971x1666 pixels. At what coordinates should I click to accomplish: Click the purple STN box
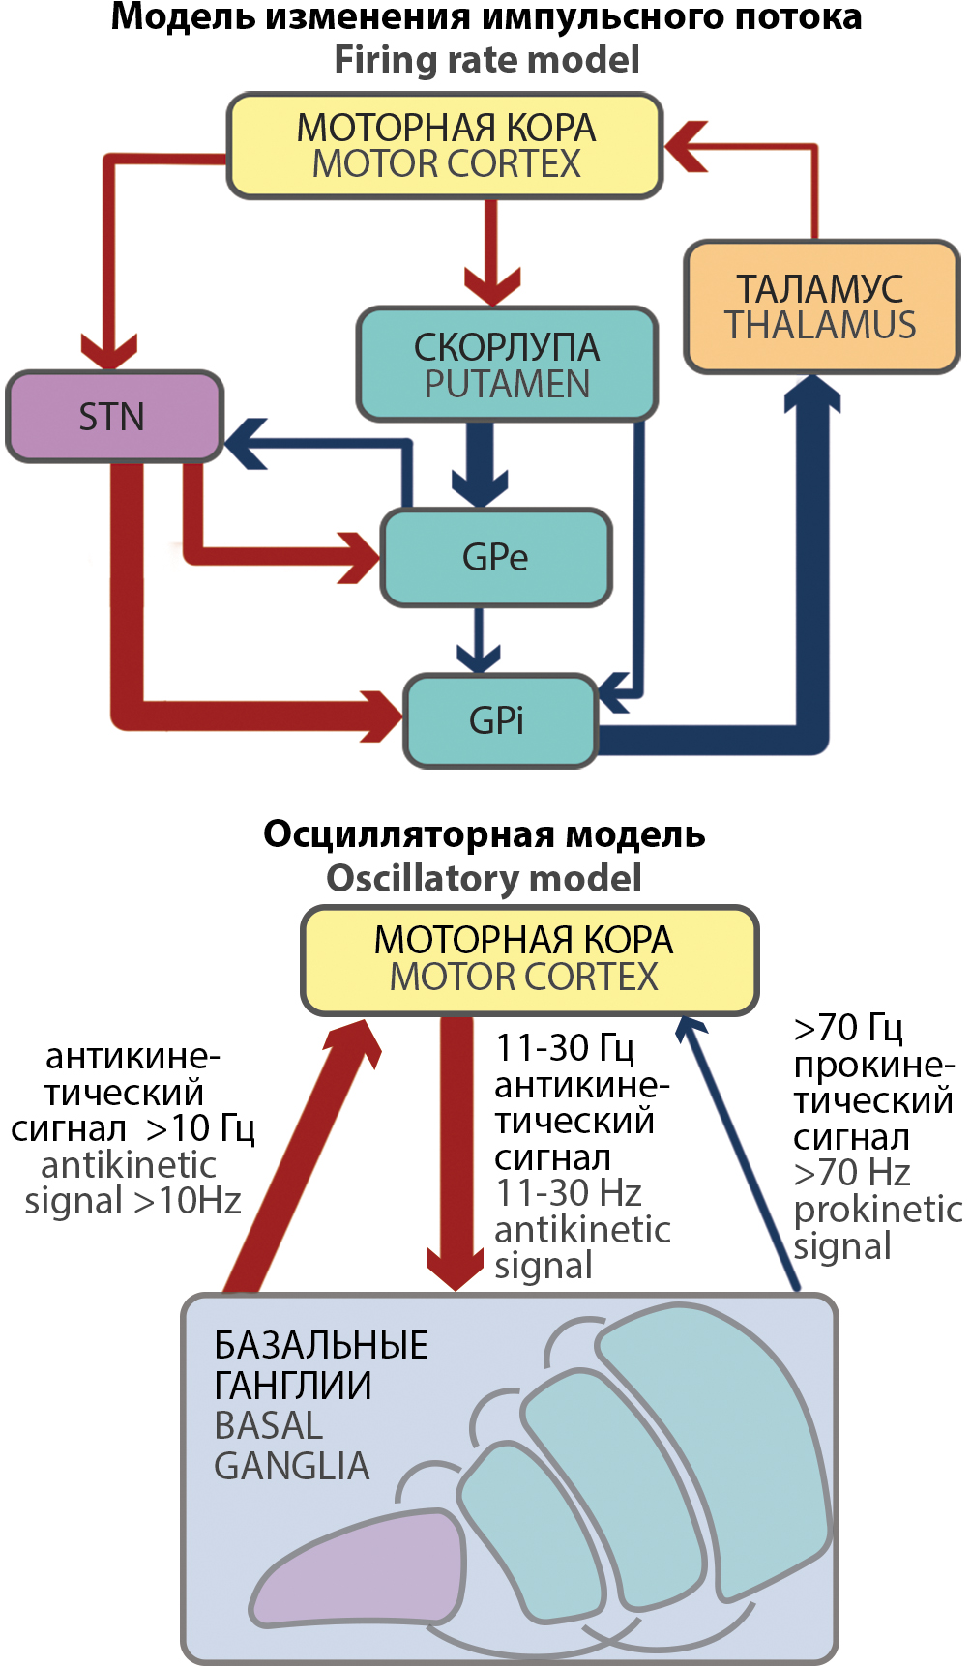[114, 417]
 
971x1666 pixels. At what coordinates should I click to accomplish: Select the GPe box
[496, 558]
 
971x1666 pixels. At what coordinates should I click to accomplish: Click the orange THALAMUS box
[820, 307]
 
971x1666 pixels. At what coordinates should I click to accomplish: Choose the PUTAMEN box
[507, 365]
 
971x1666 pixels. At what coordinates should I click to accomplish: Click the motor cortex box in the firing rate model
[445, 146]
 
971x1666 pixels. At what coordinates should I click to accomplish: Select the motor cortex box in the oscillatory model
[529, 959]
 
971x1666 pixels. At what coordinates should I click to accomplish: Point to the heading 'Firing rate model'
[486, 60]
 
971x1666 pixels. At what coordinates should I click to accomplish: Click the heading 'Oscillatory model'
[484, 878]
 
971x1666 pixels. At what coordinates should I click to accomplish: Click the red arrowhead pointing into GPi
[382, 716]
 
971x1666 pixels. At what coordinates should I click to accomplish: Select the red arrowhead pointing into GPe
[359, 558]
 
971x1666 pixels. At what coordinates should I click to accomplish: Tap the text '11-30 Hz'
[569, 1193]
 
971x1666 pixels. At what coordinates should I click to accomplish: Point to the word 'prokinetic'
[877, 1210]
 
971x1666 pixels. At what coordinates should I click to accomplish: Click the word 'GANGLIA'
[292, 1466]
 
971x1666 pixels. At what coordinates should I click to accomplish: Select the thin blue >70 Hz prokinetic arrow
[740, 1155]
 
